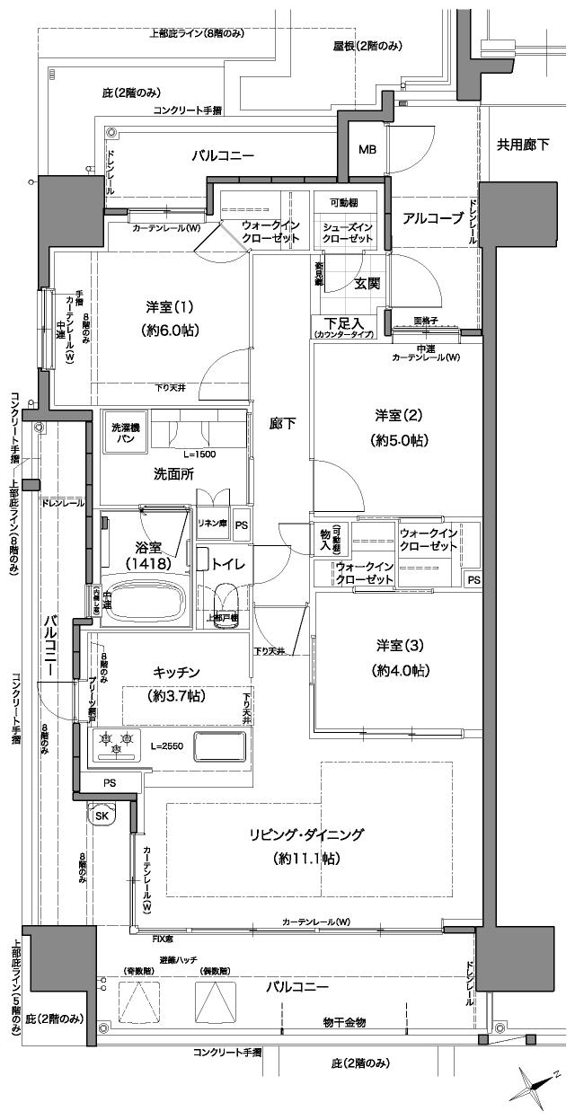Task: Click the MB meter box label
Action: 368,149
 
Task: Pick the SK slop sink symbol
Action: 101,816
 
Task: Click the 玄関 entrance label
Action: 367,284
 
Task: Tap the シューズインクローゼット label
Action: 348,232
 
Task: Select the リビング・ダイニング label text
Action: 306,834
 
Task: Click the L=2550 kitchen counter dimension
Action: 168,746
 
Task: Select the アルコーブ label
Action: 433,218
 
